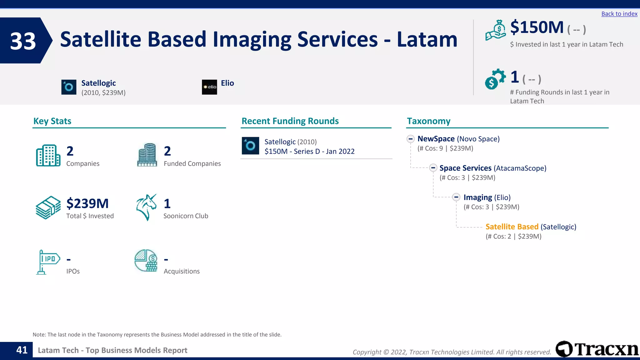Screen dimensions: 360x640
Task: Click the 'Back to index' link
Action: [619, 14]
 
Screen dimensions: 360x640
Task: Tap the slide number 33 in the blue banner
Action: [23, 41]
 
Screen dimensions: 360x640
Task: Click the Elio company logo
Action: [209, 87]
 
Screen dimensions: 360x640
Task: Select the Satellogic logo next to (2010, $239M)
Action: [69, 87]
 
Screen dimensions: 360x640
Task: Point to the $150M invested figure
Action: [537, 27]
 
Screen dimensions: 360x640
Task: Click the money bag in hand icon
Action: [496, 30]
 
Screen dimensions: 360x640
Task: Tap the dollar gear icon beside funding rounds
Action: [495, 79]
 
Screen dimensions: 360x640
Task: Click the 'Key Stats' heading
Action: [52, 121]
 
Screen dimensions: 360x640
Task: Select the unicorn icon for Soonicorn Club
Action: [146, 207]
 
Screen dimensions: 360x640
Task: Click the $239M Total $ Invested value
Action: [87, 204]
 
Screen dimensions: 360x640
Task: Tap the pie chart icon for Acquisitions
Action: [146, 261]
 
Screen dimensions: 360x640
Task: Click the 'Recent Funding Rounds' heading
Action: [290, 121]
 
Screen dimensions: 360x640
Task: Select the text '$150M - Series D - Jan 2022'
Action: [309, 152]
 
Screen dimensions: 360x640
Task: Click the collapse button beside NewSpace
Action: [411, 139]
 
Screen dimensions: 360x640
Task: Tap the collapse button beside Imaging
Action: [456, 197]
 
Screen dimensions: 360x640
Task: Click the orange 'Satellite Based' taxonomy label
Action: [512, 227]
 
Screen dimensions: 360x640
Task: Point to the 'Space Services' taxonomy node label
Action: [465, 168]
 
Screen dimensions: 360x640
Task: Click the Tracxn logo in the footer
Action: [597, 349]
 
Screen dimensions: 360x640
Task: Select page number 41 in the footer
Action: [22, 350]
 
